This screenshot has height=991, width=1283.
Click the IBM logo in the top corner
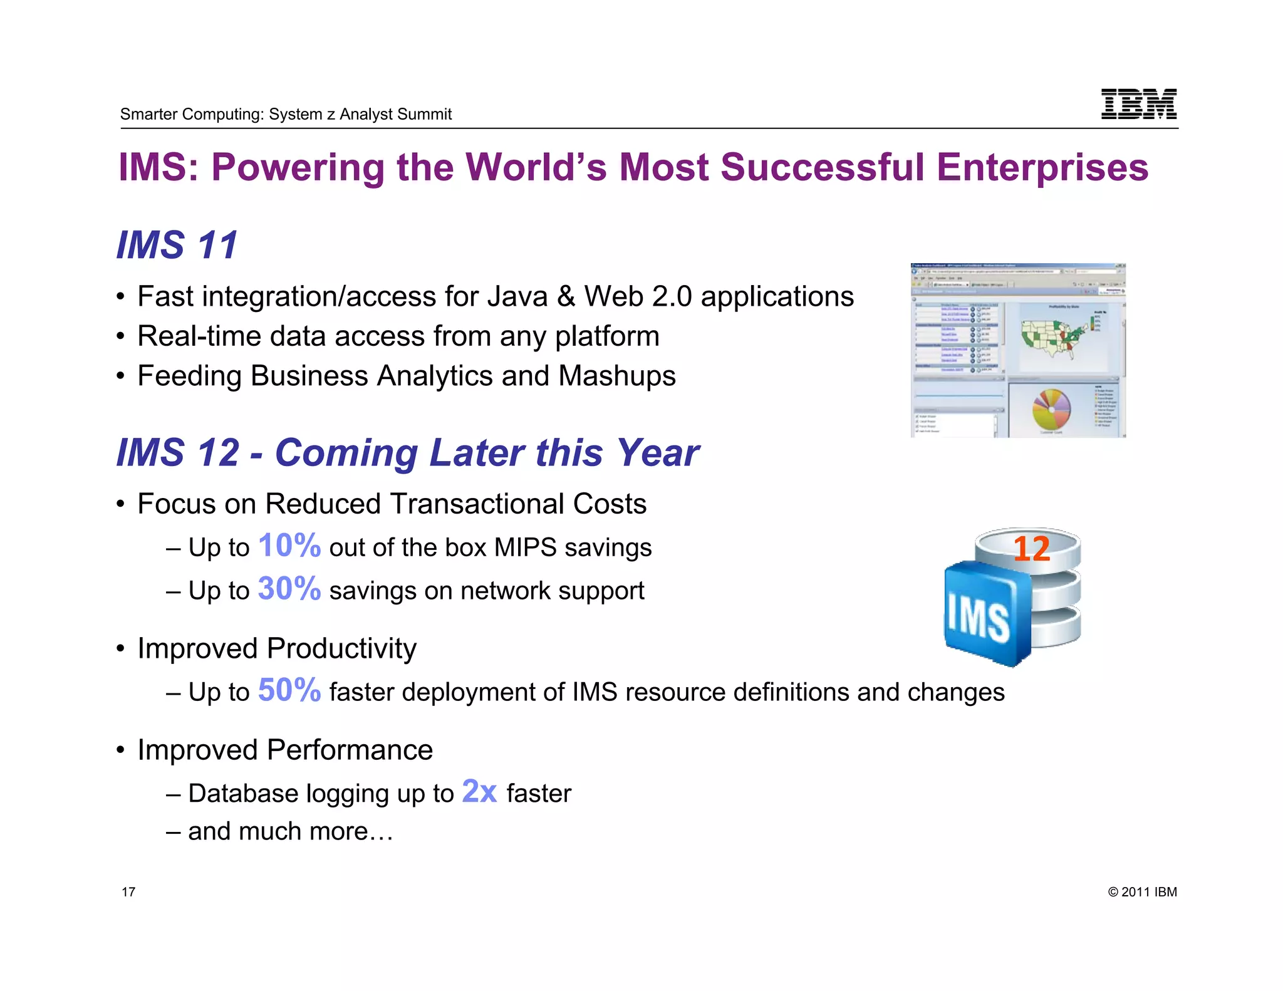[1138, 104]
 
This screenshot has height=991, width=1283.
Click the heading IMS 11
[177, 245]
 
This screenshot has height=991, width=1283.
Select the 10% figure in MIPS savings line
[289, 546]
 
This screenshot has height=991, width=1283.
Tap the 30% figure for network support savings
[289, 589]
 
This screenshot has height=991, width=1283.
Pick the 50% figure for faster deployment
[289, 690]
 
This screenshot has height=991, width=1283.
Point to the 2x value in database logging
[479, 791]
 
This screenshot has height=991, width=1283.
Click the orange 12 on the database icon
[1031, 549]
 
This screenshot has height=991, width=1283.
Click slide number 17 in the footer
[128, 892]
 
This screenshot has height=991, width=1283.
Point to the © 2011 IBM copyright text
[1142, 892]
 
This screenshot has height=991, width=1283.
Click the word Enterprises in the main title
[1042, 168]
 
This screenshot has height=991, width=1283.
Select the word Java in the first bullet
[517, 296]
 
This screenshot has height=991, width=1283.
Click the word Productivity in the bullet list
[341, 648]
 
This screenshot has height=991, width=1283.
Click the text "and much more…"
[291, 831]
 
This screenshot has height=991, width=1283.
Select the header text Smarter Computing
[192, 114]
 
